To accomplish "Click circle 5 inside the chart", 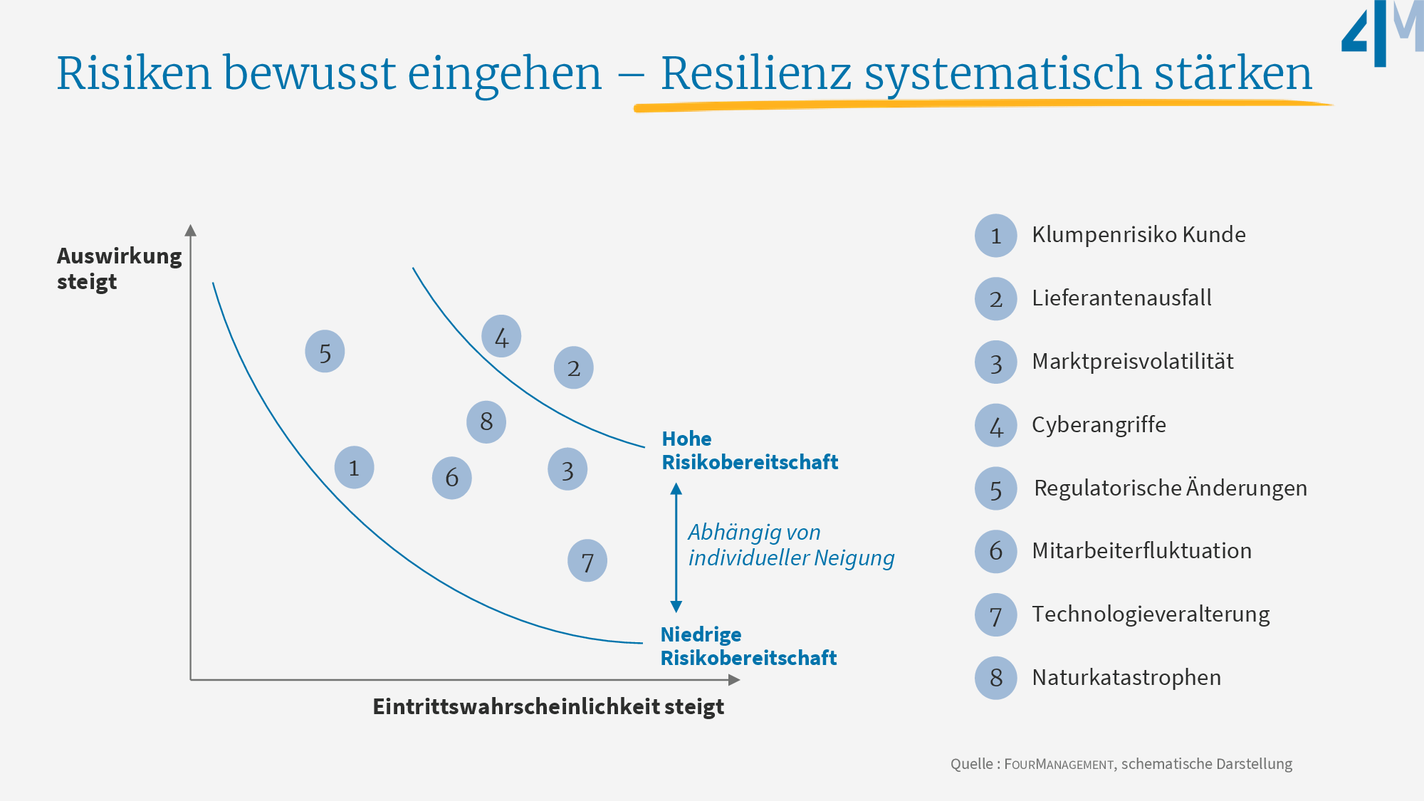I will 325,351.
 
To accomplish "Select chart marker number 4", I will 501,336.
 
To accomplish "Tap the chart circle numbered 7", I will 587,561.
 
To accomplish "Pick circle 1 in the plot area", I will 354,467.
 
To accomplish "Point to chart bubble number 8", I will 486,422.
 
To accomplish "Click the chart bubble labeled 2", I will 574,367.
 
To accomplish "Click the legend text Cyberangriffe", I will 1099,425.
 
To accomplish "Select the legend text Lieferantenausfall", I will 1121,298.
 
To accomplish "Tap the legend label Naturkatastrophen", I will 1126,677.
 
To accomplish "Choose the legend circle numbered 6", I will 995,551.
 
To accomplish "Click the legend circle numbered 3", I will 995,362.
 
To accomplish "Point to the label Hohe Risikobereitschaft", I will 749,450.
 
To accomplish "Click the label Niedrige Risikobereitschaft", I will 748,646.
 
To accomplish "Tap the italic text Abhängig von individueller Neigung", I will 790,545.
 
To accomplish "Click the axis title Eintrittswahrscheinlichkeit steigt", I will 548,706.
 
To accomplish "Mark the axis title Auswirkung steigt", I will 119,268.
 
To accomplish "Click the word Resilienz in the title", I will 755,73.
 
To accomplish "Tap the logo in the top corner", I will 1381,33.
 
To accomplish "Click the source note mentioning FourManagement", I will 1121,764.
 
